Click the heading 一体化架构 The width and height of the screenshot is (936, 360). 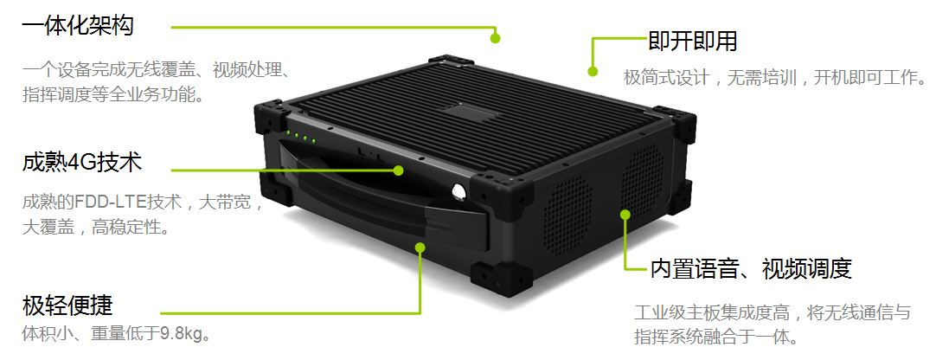pos(78,26)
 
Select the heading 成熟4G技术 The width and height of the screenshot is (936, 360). pos(82,163)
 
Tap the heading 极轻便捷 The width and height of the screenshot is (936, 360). pos(67,306)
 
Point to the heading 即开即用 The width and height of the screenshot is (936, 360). pos(692,42)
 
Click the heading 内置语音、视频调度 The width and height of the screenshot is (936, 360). pos(750,269)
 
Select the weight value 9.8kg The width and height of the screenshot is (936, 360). pos(181,333)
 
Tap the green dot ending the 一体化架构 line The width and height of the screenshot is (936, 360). pos(495,38)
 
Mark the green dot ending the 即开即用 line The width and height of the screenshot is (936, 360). pos(593,71)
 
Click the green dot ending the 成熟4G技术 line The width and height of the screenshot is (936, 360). pos(398,170)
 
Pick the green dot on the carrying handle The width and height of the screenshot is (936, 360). pos(420,247)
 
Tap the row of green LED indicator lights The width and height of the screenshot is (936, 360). pos(299,137)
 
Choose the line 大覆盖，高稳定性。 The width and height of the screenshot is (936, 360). pos(95,228)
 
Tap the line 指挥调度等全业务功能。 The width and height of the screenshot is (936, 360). pos(112,94)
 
